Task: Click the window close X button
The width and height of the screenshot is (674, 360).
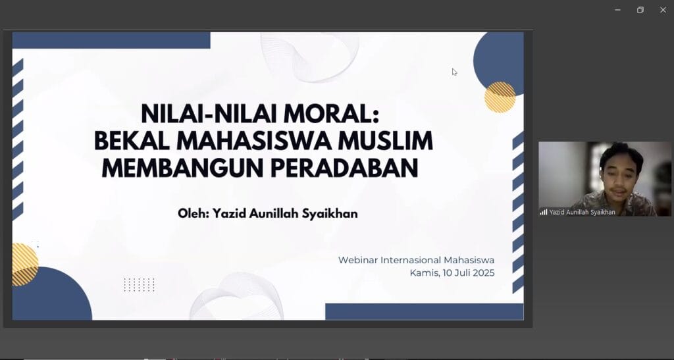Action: pos(663,10)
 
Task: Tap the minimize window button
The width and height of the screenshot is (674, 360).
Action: pos(617,10)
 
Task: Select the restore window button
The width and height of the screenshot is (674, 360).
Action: pos(640,10)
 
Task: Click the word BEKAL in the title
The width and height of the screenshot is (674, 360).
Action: pos(132,141)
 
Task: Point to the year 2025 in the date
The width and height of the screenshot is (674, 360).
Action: pos(484,272)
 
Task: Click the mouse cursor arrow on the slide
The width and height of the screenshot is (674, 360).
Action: pos(454,72)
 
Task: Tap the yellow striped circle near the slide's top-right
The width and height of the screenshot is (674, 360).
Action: pos(500,97)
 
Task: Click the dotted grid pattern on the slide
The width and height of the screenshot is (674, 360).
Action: pos(139,285)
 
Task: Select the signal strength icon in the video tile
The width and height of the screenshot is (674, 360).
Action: pos(544,212)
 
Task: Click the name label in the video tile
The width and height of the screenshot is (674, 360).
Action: pos(582,212)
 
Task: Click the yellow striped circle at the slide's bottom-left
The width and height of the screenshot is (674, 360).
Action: pos(25,265)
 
